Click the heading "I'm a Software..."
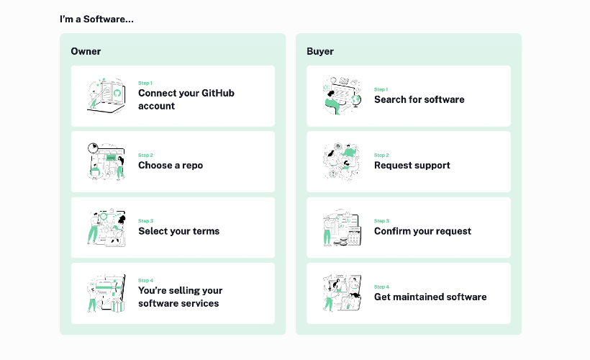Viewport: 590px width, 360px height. (96, 19)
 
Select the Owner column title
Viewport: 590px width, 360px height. (86, 51)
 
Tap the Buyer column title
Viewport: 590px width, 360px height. (320, 52)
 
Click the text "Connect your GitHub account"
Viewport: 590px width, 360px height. (186, 99)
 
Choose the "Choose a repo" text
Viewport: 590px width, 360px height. (171, 166)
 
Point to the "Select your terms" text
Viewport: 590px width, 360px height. (178, 231)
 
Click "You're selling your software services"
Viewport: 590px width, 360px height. (180, 297)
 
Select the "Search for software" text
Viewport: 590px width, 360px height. (419, 99)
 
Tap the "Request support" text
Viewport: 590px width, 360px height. (412, 166)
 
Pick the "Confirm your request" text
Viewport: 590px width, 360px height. (422, 231)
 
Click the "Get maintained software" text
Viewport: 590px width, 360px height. (430, 297)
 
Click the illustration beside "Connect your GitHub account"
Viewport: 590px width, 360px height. (106, 96)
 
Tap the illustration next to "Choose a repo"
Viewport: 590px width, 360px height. (106, 161)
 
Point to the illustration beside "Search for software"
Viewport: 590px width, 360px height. (342, 96)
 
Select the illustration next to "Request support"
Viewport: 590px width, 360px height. (342, 161)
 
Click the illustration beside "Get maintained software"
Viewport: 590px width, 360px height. (342, 293)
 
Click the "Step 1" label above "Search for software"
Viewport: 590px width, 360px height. (381, 89)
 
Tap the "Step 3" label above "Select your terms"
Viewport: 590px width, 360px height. (145, 221)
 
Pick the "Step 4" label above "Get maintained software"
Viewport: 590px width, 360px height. (381, 287)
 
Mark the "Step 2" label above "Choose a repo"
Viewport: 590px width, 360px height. (145, 155)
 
